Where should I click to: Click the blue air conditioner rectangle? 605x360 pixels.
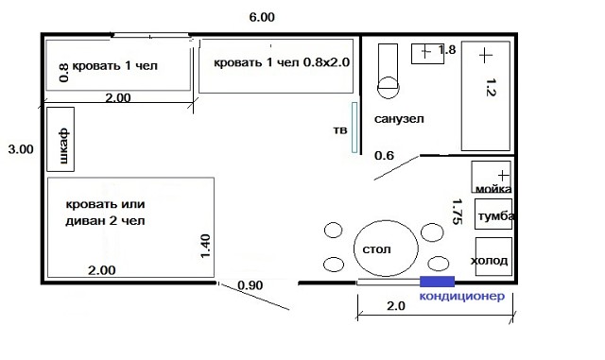pyautogui.click(x=437, y=282)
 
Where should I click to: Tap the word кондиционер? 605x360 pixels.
pyautogui.click(x=462, y=297)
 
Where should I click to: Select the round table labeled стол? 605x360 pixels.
pyautogui.click(x=386, y=249)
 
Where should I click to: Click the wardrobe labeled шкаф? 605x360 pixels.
pyautogui.click(x=60, y=139)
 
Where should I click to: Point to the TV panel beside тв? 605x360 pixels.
pyautogui.click(x=354, y=128)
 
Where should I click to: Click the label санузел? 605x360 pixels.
pyautogui.click(x=399, y=119)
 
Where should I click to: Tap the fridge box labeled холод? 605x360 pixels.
pyautogui.click(x=493, y=257)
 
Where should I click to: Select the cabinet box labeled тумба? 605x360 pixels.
pyautogui.click(x=493, y=214)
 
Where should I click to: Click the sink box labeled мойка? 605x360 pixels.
pyautogui.click(x=492, y=177)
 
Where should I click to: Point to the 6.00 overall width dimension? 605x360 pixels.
pyautogui.click(x=262, y=17)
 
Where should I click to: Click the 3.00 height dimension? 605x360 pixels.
pyautogui.click(x=21, y=149)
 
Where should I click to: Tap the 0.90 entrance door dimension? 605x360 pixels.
pyautogui.click(x=250, y=285)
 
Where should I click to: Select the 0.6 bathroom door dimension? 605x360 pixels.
pyautogui.click(x=385, y=156)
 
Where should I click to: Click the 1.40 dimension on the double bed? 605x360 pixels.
pyautogui.click(x=205, y=247)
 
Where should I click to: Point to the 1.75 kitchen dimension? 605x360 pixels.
pyautogui.click(x=457, y=212)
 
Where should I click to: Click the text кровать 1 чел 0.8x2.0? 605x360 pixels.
pyautogui.click(x=282, y=62)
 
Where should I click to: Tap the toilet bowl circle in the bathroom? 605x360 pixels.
pyautogui.click(x=388, y=88)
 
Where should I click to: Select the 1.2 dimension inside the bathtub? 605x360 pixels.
pyautogui.click(x=491, y=87)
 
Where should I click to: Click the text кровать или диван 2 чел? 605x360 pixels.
pyautogui.click(x=105, y=213)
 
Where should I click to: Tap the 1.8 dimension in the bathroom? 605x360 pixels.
pyautogui.click(x=447, y=50)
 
